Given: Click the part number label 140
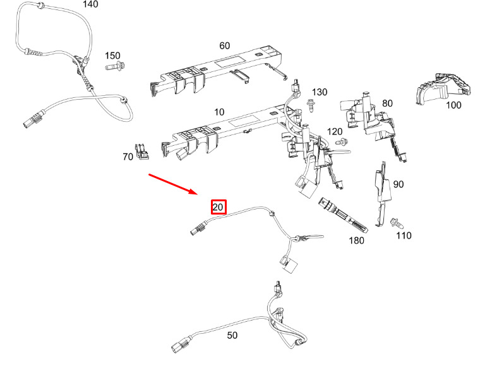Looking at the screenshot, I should (x=91, y=4).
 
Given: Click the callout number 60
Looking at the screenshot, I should (x=225, y=45).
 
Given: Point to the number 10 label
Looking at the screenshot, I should (x=219, y=112).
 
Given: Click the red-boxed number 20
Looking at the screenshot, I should (x=219, y=207).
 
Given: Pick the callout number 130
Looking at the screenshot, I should (x=320, y=92).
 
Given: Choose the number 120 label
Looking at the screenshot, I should (x=335, y=131).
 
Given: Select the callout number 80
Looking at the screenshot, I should (x=387, y=103).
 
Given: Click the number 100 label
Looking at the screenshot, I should (x=453, y=105).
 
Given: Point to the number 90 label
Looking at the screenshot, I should (x=398, y=184).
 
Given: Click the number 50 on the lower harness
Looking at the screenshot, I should (x=232, y=335).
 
